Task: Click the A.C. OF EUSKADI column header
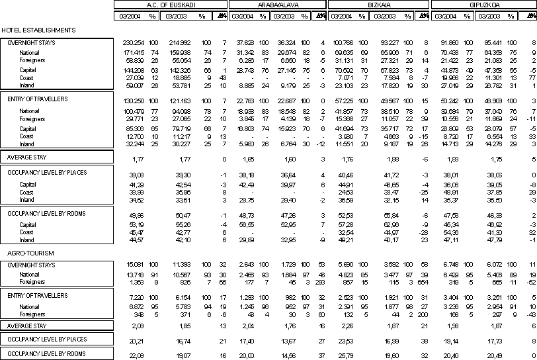[170, 5]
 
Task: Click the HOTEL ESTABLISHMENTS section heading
[38, 30]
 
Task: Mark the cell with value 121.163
[182, 101]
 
